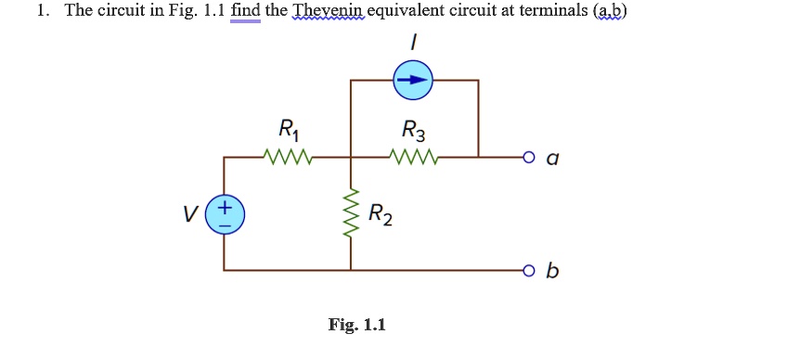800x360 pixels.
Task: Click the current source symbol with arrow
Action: click(413, 81)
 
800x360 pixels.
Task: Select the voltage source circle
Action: click(226, 213)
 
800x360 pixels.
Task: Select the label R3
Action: click(413, 128)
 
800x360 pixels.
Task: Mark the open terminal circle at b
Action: click(528, 271)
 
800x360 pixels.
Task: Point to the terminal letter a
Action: click(552, 159)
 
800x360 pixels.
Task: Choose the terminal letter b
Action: click(553, 271)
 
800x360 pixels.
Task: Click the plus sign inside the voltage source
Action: click(226, 204)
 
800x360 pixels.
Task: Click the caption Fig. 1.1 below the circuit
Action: click(356, 325)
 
